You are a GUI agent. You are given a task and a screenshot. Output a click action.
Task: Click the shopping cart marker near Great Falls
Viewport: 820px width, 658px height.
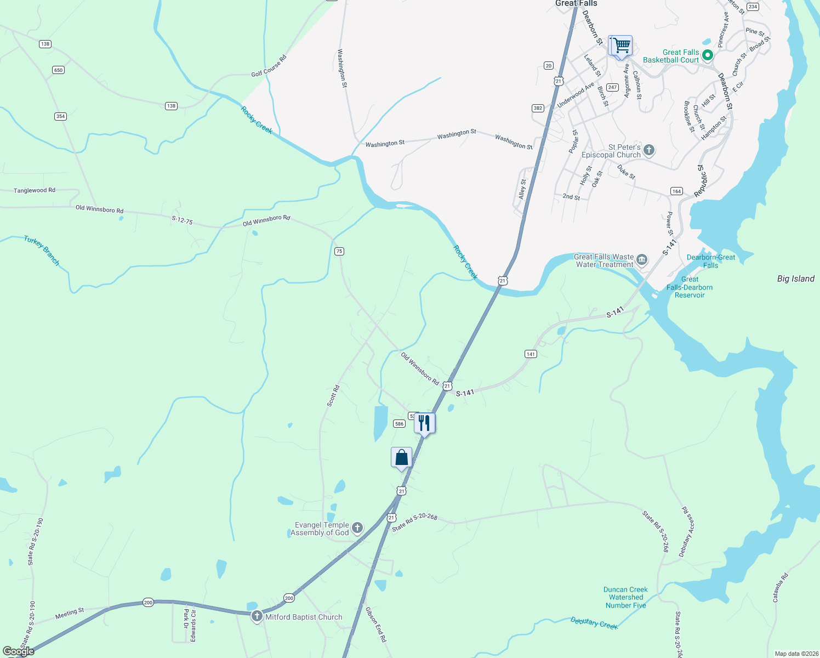(x=620, y=46)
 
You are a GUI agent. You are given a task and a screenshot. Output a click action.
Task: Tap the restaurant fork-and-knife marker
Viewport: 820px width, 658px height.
(x=424, y=423)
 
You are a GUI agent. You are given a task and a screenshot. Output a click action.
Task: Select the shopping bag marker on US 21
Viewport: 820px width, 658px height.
(x=401, y=458)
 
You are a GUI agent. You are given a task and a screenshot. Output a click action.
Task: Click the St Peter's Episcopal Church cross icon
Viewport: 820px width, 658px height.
(x=649, y=150)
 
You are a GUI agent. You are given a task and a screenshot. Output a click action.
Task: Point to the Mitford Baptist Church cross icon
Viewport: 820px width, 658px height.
(x=257, y=617)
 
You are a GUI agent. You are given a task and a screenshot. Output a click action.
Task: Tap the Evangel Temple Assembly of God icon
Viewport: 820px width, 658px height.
(x=357, y=528)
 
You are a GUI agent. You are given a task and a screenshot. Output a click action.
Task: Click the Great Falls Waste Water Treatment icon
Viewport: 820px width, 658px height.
(x=642, y=260)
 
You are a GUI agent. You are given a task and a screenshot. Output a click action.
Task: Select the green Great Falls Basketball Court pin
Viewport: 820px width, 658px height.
(x=707, y=55)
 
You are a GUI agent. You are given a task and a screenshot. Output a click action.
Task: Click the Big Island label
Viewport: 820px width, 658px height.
(x=795, y=279)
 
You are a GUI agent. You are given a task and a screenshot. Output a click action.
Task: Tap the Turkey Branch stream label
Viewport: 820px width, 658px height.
(x=42, y=250)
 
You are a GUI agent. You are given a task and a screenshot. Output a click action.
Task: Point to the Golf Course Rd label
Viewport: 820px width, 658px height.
(x=269, y=66)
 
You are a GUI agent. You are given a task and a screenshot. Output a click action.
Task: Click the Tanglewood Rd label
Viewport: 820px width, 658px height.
(x=35, y=190)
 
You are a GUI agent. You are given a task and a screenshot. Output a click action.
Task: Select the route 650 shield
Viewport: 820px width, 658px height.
(x=58, y=70)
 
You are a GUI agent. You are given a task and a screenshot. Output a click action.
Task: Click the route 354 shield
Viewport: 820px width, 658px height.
(x=60, y=116)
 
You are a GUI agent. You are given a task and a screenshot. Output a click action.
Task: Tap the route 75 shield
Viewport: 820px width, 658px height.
(x=339, y=251)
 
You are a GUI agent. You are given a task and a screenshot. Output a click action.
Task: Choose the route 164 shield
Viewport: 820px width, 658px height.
(x=676, y=191)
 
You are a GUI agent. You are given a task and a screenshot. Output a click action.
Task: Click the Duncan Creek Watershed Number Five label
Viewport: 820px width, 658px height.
(x=625, y=598)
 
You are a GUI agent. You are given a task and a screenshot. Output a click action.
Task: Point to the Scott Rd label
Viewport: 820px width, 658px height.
(x=333, y=395)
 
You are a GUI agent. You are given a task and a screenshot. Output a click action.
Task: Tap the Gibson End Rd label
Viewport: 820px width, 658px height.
(x=376, y=625)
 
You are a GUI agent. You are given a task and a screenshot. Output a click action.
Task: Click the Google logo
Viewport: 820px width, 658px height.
(x=19, y=651)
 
